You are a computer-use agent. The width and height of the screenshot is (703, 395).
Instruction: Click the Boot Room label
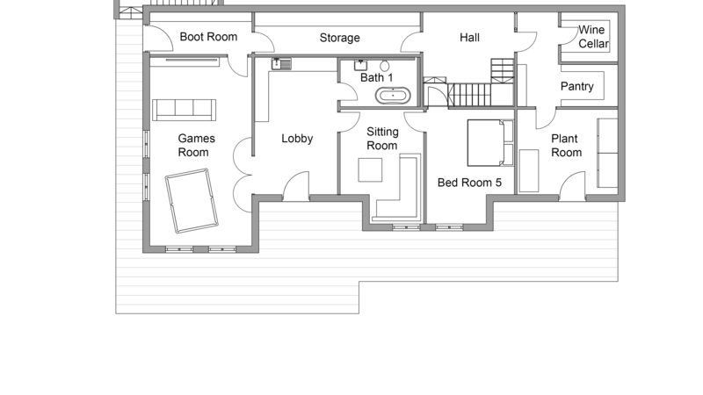[x=208, y=37]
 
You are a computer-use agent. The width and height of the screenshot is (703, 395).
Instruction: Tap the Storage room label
[x=339, y=38]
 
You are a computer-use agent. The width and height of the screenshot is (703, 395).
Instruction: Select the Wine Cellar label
[x=593, y=37]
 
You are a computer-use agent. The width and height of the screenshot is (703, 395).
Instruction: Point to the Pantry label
[x=577, y=86]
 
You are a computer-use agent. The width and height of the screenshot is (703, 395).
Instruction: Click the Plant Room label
[x=566, y=146]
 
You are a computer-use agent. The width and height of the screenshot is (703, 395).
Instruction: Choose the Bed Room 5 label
[x=469, y=183]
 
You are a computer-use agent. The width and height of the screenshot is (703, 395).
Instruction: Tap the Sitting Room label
[x=382, y=139]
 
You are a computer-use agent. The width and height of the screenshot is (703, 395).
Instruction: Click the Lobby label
[x=297, y=139]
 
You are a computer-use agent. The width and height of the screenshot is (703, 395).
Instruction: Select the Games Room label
[x=196, y=145]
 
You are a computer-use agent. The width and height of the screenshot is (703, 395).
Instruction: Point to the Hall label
[x=469, y=38]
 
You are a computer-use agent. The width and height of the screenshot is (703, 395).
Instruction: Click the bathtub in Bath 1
[x=393, y=96]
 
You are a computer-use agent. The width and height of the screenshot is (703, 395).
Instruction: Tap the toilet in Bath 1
[x=384, y=65]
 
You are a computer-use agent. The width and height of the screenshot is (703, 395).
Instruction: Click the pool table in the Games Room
[x=192, y=201]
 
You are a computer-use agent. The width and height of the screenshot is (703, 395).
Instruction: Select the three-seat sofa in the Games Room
[x=184, y=110]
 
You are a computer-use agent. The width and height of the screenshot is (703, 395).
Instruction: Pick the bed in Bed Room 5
[x=490, y=142]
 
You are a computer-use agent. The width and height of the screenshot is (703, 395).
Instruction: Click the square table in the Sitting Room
[x=370, y=169]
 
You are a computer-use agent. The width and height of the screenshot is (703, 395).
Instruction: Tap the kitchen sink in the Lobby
[x=281, y=64]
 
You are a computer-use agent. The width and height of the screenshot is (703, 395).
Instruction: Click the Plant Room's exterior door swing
[x=572, y=186]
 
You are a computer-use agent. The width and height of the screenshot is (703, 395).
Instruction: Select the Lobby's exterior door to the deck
[x=296, y=186]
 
